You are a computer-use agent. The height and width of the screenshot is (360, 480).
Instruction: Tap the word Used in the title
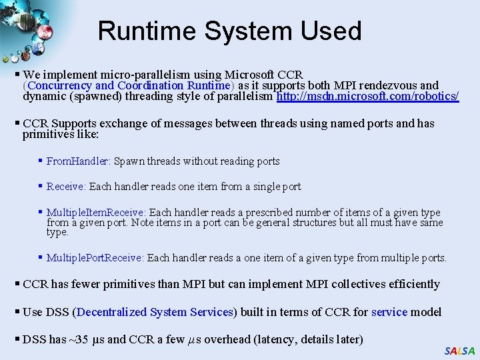click(331, 31)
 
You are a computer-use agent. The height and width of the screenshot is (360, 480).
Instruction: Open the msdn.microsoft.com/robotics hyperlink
click(367, 96)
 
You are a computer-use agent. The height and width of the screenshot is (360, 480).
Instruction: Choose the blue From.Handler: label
click(79, 161)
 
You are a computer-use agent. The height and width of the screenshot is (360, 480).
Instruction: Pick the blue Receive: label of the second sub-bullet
click(66, 187)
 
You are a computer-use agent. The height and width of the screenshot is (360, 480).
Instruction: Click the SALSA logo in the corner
click(459, 351)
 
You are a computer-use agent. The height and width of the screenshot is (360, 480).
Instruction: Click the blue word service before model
click(389, 312)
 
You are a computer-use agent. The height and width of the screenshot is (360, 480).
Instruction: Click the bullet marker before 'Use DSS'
click(17, 312)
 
